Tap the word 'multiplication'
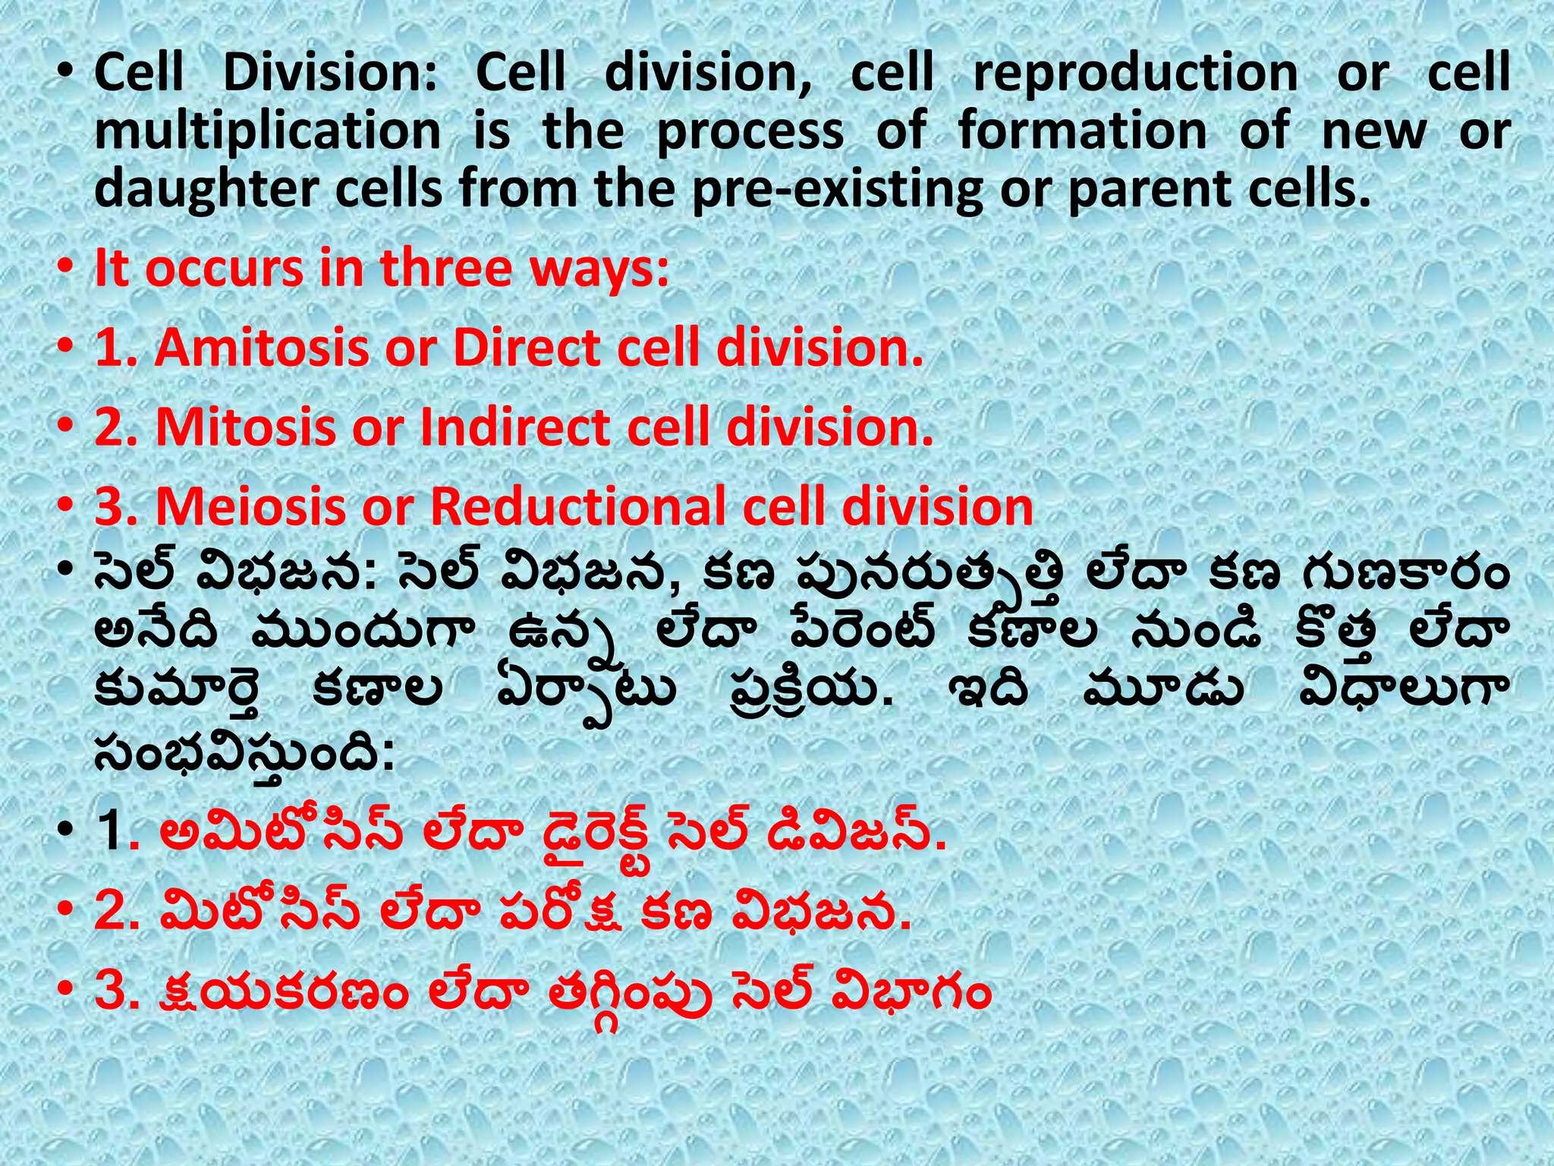(x=267, y=132)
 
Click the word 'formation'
(x=1082, y=131)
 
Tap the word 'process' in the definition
(x=750, y=132)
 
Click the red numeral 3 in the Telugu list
(x=109, y=992)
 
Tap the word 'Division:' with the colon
(x=330, y=74)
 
